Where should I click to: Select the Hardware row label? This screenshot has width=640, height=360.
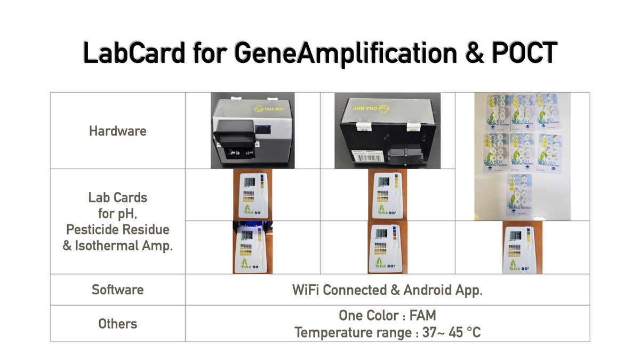tap(117, 131)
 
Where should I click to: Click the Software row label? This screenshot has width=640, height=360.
tap(117, 290)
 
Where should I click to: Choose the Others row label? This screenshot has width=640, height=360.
tap(117, 324)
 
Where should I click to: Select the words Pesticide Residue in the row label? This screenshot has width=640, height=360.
tap(117, 229)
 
